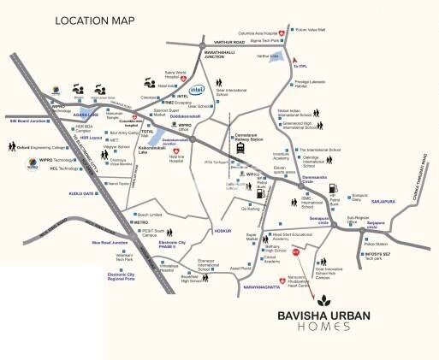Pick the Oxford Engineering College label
39,146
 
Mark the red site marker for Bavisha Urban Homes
296,253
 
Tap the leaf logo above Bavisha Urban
324,301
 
